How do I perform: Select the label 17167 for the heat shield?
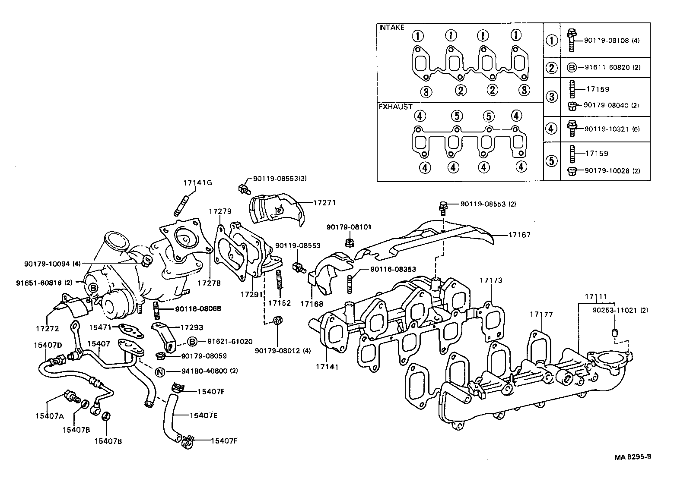tap(519, 235)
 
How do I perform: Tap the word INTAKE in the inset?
tap(391, 28)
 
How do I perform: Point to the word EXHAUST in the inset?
tap(395, 107)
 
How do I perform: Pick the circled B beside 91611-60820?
tap(571, 68)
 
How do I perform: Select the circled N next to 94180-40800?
tap(159, 371)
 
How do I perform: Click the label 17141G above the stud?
tap(197, 182)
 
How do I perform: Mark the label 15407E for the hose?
tap(203, 415)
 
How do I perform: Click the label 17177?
tap(541, 314)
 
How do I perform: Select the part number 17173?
tap(491, 280)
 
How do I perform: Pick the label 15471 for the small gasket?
tap(100, 328)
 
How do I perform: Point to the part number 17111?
tap(596, 297)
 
